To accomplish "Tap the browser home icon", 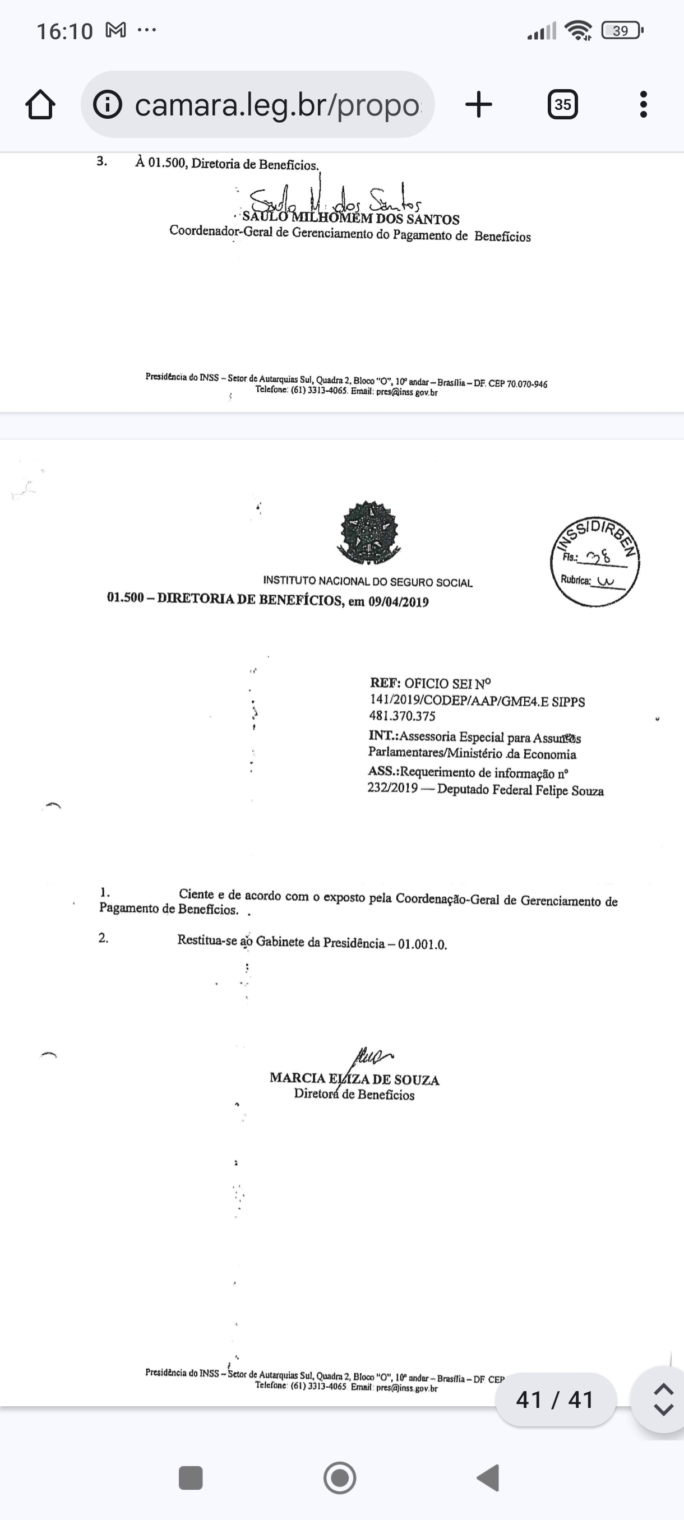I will [41, 105].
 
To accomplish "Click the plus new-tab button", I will [479, 104].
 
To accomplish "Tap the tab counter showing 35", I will [562, 104].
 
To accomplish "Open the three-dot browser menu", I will [643, 104].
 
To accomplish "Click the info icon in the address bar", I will [108, 105].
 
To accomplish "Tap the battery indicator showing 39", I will [621, 31].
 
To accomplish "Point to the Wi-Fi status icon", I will [578, 31].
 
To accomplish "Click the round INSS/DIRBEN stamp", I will [595, 562].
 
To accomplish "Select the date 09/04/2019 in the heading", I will [399, 602].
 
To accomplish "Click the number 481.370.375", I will [403, 716].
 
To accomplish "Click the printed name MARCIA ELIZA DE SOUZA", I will [354, 1079].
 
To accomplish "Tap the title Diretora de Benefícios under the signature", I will [354, 1095].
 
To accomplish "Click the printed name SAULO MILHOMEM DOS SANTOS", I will [350, 219].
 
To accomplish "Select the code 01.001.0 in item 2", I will [423, 944].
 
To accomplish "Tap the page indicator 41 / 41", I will [554, 1399].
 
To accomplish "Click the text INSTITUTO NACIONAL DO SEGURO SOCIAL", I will [368, 582].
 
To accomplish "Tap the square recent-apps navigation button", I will [191, 1478].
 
